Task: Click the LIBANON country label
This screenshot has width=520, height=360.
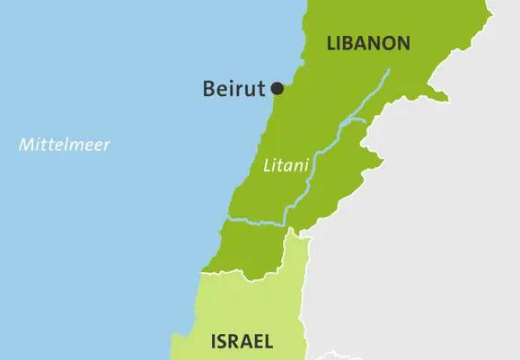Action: point(369,43)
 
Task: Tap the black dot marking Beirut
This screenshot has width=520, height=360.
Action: point(278,88)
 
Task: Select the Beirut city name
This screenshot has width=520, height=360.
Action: point(234,88)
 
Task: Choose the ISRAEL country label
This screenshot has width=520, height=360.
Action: point(242,341)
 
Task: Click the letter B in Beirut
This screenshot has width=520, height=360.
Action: point(208,88)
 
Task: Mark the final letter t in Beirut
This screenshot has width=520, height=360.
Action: point(264,88)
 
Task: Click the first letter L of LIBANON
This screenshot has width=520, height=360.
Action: point(331,43)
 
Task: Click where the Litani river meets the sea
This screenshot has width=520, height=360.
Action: point(225,218)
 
